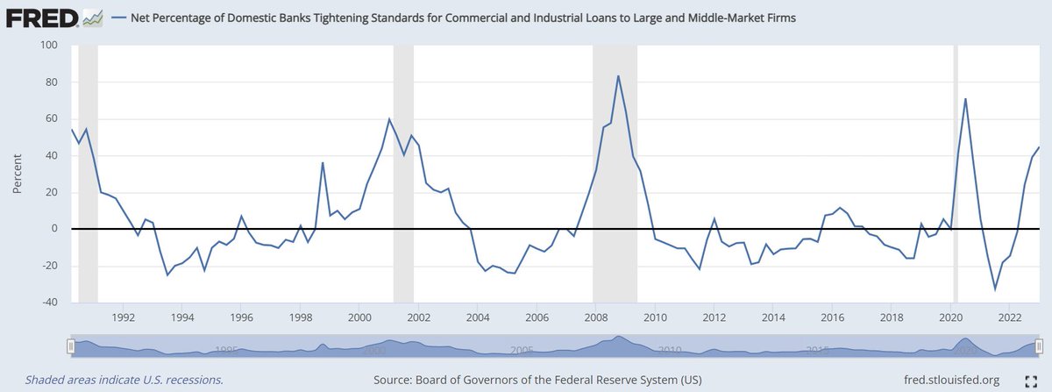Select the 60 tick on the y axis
pyautogui.click(x=50, y=118)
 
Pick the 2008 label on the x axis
pyautogui.click(x=595, y=317)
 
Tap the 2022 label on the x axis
pyautogui.click(x=1010, y=317)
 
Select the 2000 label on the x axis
pyautogui.click(x=359, y=317)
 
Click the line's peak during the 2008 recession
pyautogui.click(x=619, y=75)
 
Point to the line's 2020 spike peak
pyautogui.click(x=965, y=98)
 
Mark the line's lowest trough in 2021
pyautogui.click(x=995, y=289)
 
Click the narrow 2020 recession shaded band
pyautogui.click(x=956, y=175)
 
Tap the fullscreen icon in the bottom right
pyautogui.click(x=1031, y=381)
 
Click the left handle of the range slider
pyautogui.click(x=71, y=346)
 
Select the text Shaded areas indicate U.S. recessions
pyautogui.click(x=124, y=381)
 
